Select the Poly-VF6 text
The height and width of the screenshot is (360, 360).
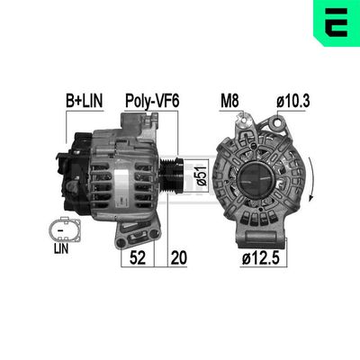pos(152,102)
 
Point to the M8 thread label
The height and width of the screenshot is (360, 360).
pos(232,102)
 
